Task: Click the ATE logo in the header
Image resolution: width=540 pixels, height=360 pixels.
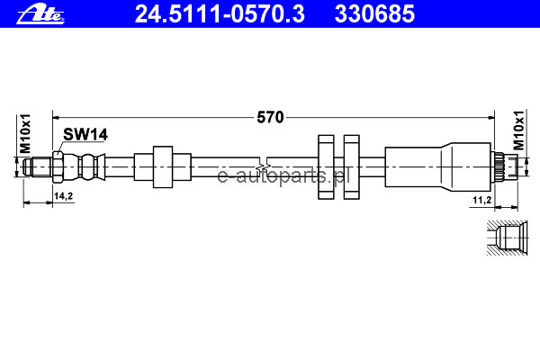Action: coord(40,14)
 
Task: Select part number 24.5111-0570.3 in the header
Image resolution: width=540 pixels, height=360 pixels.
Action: coord(220,13)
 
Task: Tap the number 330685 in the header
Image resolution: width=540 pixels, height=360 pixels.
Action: coord(374,13)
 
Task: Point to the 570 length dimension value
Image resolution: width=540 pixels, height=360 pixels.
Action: coord(270,118)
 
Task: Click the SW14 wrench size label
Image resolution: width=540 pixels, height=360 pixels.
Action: coord(85,134)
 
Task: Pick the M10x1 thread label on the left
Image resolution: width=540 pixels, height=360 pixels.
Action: coord(25,134)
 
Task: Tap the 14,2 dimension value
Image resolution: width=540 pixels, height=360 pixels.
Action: coord(63,196)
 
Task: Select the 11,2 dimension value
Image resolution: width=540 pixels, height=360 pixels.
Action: coord(481,200)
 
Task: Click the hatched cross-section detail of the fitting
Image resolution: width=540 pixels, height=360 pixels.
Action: coord(507,238)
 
